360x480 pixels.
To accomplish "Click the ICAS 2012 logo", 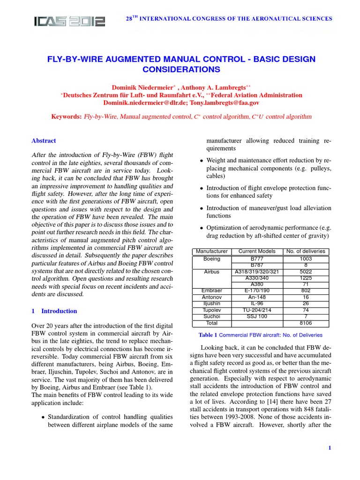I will [69, 21].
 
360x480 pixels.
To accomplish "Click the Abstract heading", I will [44, 141].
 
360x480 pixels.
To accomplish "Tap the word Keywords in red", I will [67, 116].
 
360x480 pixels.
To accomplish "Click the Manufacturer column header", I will [212, 252].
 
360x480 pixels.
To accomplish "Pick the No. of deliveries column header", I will [306, 252].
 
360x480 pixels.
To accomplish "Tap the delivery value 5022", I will [306, 271].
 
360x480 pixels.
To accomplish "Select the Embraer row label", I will [212, 291].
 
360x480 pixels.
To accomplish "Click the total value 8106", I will [306, 323].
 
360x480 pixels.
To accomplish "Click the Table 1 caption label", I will [208, 335].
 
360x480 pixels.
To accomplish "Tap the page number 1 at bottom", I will [330, 448].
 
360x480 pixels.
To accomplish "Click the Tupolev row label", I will [212, 310].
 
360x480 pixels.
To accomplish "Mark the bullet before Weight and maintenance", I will [202, 161].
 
